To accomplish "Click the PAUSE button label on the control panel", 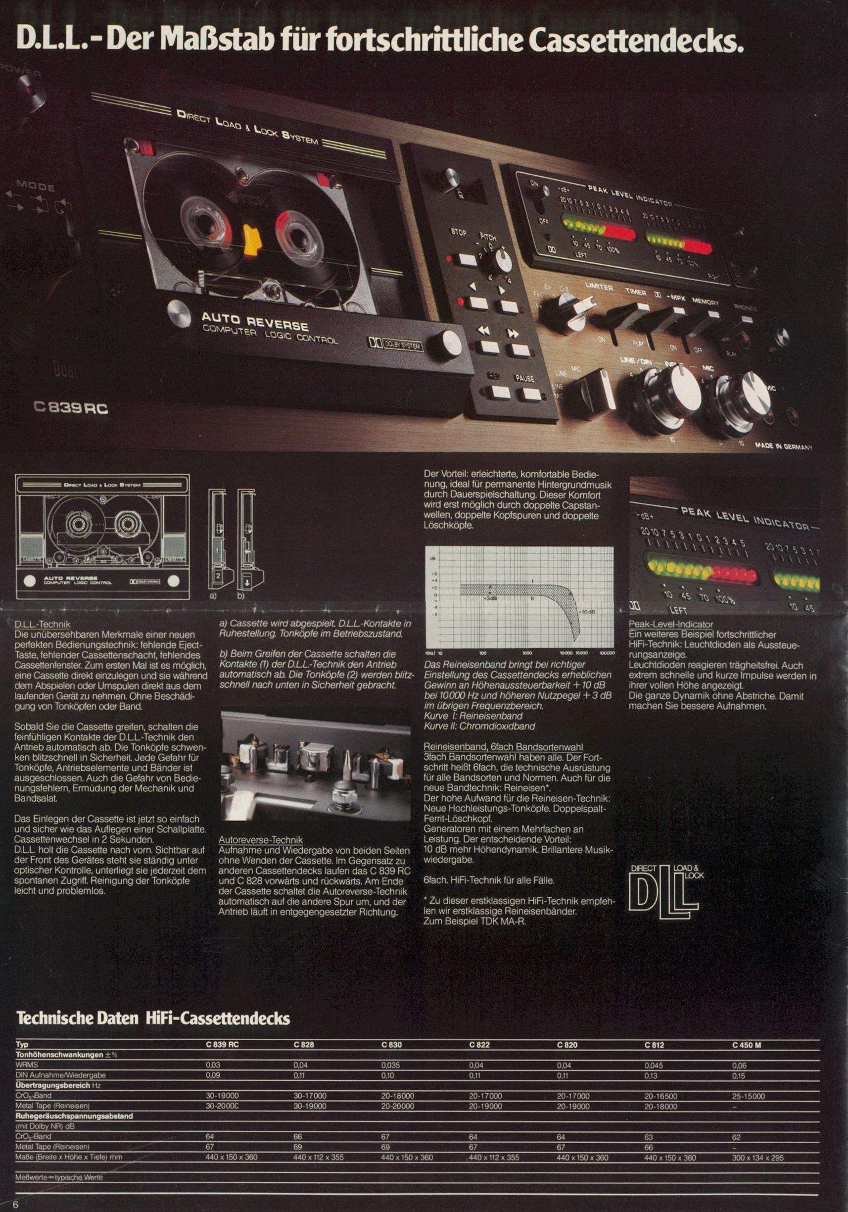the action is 524,379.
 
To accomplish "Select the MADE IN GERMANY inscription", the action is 783,446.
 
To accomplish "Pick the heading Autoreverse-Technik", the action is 253,839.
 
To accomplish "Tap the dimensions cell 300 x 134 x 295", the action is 758,1139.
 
